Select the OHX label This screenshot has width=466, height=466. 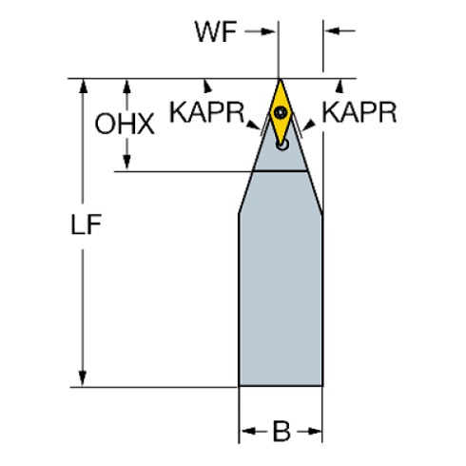click(x=125, y=125)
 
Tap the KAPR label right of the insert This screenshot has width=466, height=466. click(x=359, y=113)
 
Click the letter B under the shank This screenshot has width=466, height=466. click(x=282, y=432)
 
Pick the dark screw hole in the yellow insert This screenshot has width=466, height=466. click(x=282, y=113)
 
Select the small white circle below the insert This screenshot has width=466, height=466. click(x=282, y=145)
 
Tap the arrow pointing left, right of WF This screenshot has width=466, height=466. click(x=340, y=32)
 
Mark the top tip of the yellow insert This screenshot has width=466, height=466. click(x=280, y=81)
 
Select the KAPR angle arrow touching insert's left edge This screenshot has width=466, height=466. click(x=253, y=124)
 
